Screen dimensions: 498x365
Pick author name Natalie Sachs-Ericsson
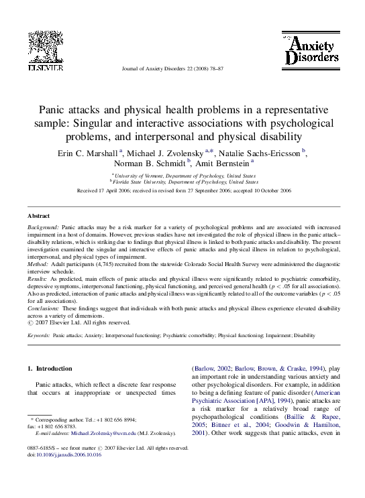pos(260,153)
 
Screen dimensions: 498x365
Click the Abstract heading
pos(38,216)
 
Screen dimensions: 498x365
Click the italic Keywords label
pos(38,334)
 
